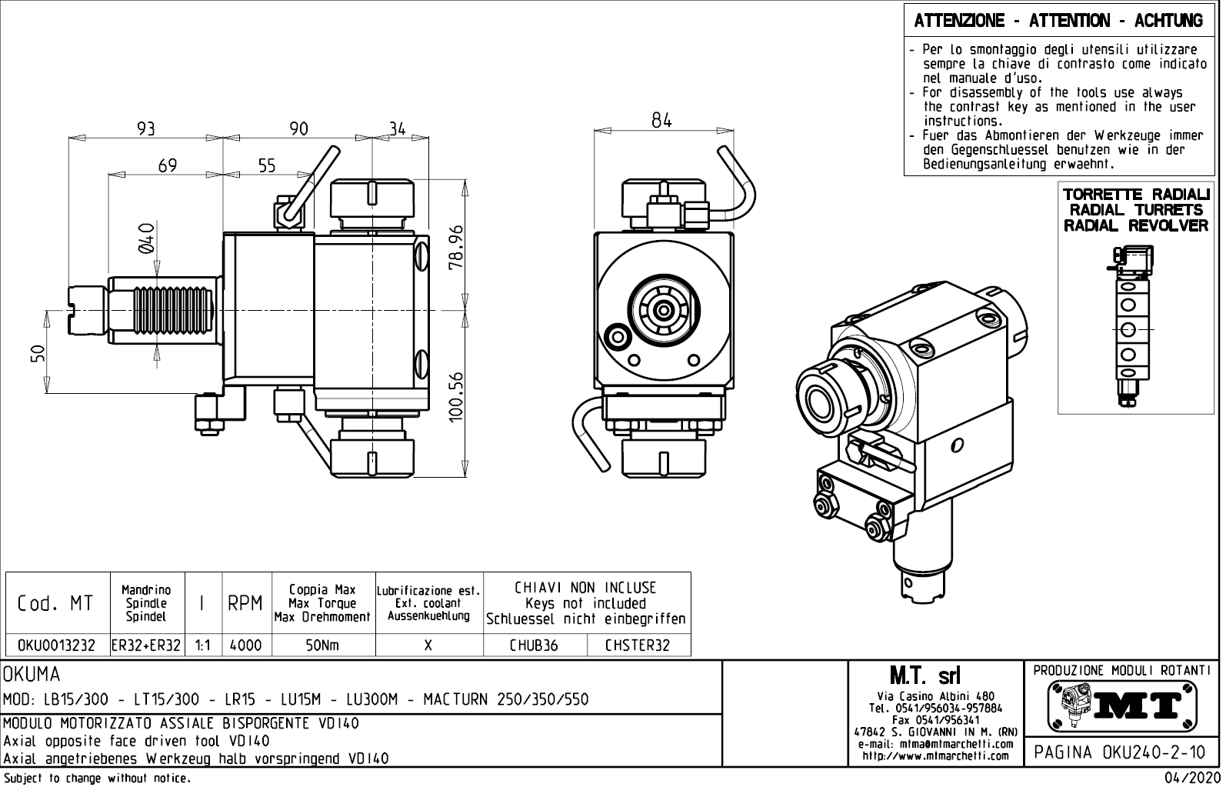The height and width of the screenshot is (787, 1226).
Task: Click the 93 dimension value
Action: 145,128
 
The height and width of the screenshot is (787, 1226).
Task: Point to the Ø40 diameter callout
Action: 146,238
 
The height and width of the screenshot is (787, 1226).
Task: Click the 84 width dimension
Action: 661,121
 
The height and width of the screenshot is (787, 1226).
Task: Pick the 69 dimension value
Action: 167,165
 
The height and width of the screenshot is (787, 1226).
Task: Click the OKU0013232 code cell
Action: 57,645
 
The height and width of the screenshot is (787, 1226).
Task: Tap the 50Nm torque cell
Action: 322,645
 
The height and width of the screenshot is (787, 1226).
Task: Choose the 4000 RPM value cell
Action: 246,645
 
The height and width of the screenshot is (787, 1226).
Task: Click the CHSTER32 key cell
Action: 637,645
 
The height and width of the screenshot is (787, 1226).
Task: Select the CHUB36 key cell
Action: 534,645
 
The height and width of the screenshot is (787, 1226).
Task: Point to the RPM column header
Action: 246,604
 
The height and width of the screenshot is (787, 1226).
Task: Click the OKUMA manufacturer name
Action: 32,675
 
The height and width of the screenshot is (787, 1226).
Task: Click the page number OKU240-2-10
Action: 1121,752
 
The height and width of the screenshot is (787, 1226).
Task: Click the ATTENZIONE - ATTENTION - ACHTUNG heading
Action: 1058,21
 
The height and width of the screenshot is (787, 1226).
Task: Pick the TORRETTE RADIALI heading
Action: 1135,194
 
